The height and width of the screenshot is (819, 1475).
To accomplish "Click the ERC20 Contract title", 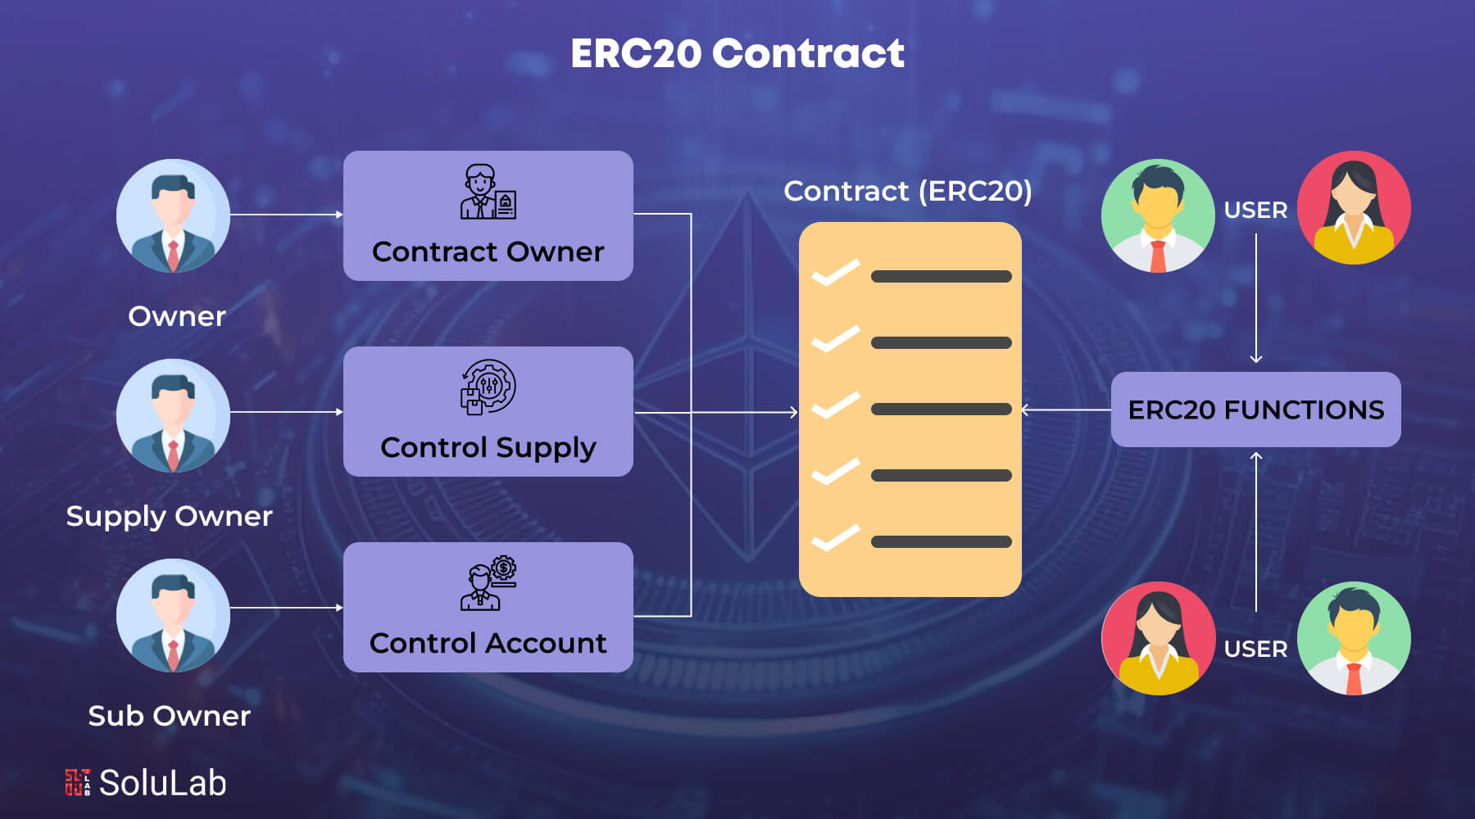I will pyautogui.click(x=737, y=54).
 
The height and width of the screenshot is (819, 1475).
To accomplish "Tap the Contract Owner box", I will pyautogui.click(x=488, y=215).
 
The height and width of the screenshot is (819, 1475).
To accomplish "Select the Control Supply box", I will pyautogui.click(x=488, y=411).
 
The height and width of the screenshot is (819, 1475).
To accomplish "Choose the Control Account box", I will pyautogui.click(x=488, y=607).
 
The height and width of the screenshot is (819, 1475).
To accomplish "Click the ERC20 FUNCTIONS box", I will pyautogui.click(x=1255, y=409).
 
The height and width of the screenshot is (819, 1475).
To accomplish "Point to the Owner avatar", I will pyautogui.click(x=173, y=215).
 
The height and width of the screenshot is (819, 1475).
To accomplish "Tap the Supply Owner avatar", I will pyautogui.click(x=173, y=415).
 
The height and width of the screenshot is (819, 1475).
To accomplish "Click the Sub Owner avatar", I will pyautogui.click(x=173, y=615).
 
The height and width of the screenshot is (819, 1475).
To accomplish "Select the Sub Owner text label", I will pyautogui.click(x=169, y=716).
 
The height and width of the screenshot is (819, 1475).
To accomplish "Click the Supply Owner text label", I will pyautogui.click(x=169, y=516).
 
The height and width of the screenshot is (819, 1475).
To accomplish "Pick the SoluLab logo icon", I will pyautogui.click(x=78, y=782).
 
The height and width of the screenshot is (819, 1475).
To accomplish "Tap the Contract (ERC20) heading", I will pyautogui.click(x=908, y=191).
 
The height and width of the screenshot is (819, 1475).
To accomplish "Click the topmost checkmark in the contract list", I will pyautogui.click(x=835, y=273).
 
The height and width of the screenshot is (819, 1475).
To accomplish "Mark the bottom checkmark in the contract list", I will pyautogui.click(x=835, y=538).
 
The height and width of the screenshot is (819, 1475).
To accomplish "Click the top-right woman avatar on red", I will pyautogui.click(x=1354, y=207).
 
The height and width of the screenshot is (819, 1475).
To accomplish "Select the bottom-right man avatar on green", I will pyautogui.click(x=1354, y=638).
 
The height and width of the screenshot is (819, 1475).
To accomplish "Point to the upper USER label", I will pyautogui.click(x=1255, y=210).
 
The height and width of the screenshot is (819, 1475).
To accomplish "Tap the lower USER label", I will pyautogui.click(x=1255, y=649).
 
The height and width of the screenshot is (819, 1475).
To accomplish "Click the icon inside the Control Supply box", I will pyautogui.click(x=488, y=387).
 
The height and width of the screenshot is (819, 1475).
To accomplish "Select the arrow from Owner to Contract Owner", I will pyautogui.click(x=286, y=215).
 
